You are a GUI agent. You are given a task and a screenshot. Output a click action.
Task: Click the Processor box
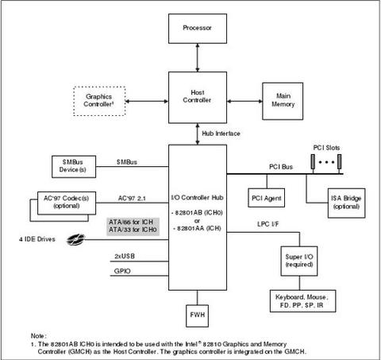pos(198,29)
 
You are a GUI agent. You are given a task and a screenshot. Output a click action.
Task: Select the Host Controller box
pos(198,98)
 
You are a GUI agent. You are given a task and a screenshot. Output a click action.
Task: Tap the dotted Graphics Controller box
pos(99,101)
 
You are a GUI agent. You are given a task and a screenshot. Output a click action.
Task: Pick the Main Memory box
pos(283,101)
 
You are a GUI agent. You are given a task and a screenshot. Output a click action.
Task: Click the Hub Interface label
pos(221,134)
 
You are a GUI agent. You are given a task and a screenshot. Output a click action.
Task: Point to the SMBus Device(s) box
pos(74,167)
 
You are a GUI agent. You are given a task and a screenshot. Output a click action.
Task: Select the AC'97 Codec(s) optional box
pos(67,203)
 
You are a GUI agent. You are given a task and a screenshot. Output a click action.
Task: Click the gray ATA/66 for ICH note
pos(133,226)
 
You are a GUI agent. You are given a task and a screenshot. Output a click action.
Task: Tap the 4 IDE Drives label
pos(37,239)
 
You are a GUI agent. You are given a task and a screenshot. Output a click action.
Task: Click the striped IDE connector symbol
pos(75,239)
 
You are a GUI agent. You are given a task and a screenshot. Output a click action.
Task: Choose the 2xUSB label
pos(125,256)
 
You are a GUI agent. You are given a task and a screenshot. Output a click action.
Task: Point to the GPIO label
pos(122,271)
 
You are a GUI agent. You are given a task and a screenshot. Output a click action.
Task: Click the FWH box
pos(198,315)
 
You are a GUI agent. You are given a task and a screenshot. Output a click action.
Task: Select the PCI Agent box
pos(267,198)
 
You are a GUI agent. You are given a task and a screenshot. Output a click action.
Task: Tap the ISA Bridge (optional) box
pos(347,203)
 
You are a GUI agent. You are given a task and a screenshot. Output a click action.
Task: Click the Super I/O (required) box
pos(299,261)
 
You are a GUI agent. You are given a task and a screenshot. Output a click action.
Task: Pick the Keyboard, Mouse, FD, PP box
pos(302,301)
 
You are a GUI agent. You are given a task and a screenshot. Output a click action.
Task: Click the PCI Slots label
pos(326,148)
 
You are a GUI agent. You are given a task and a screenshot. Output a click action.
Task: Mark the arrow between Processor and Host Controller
pos(198,57)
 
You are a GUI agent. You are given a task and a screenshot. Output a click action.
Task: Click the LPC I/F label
pos(268,224)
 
